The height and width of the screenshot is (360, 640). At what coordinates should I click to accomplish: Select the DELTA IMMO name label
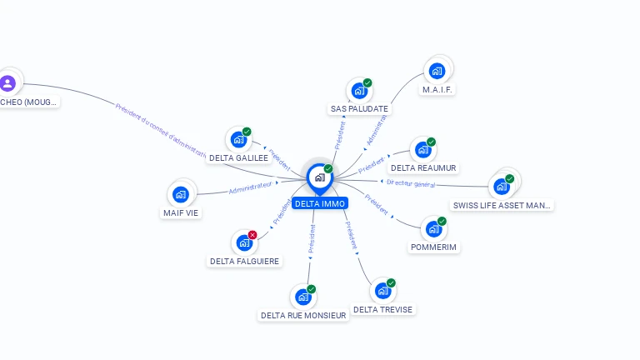click(319, 203)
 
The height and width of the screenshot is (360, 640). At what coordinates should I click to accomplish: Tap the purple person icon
click(8, 82)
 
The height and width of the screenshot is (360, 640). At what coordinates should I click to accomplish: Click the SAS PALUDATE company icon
click(359, 90)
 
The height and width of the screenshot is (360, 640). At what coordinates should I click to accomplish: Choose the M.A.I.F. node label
click(438, 89)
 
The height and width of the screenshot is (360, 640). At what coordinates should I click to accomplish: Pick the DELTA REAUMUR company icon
click(423, 150)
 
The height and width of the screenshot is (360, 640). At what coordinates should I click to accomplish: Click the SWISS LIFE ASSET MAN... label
click(502, 205)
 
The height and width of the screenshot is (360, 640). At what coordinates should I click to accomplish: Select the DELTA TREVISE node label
click(382, 309)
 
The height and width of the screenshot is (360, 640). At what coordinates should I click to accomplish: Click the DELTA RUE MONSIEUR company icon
click(302, 297)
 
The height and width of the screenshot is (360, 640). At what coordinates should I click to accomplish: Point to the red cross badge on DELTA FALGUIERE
click(252, 235)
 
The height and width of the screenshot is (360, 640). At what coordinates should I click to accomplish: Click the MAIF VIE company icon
click(181, 195)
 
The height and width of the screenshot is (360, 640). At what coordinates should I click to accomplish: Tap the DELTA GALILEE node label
click(238, 157)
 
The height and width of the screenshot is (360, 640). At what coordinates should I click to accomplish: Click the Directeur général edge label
click(410, 183)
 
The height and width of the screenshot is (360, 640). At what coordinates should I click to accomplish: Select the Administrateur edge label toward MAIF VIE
click(250, 188)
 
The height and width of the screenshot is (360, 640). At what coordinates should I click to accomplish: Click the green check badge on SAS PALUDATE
click(367, 82)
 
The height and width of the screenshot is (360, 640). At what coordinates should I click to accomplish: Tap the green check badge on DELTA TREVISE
click(391, 283)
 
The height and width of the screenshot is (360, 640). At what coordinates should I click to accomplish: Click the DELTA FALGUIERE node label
click(245, 261)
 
